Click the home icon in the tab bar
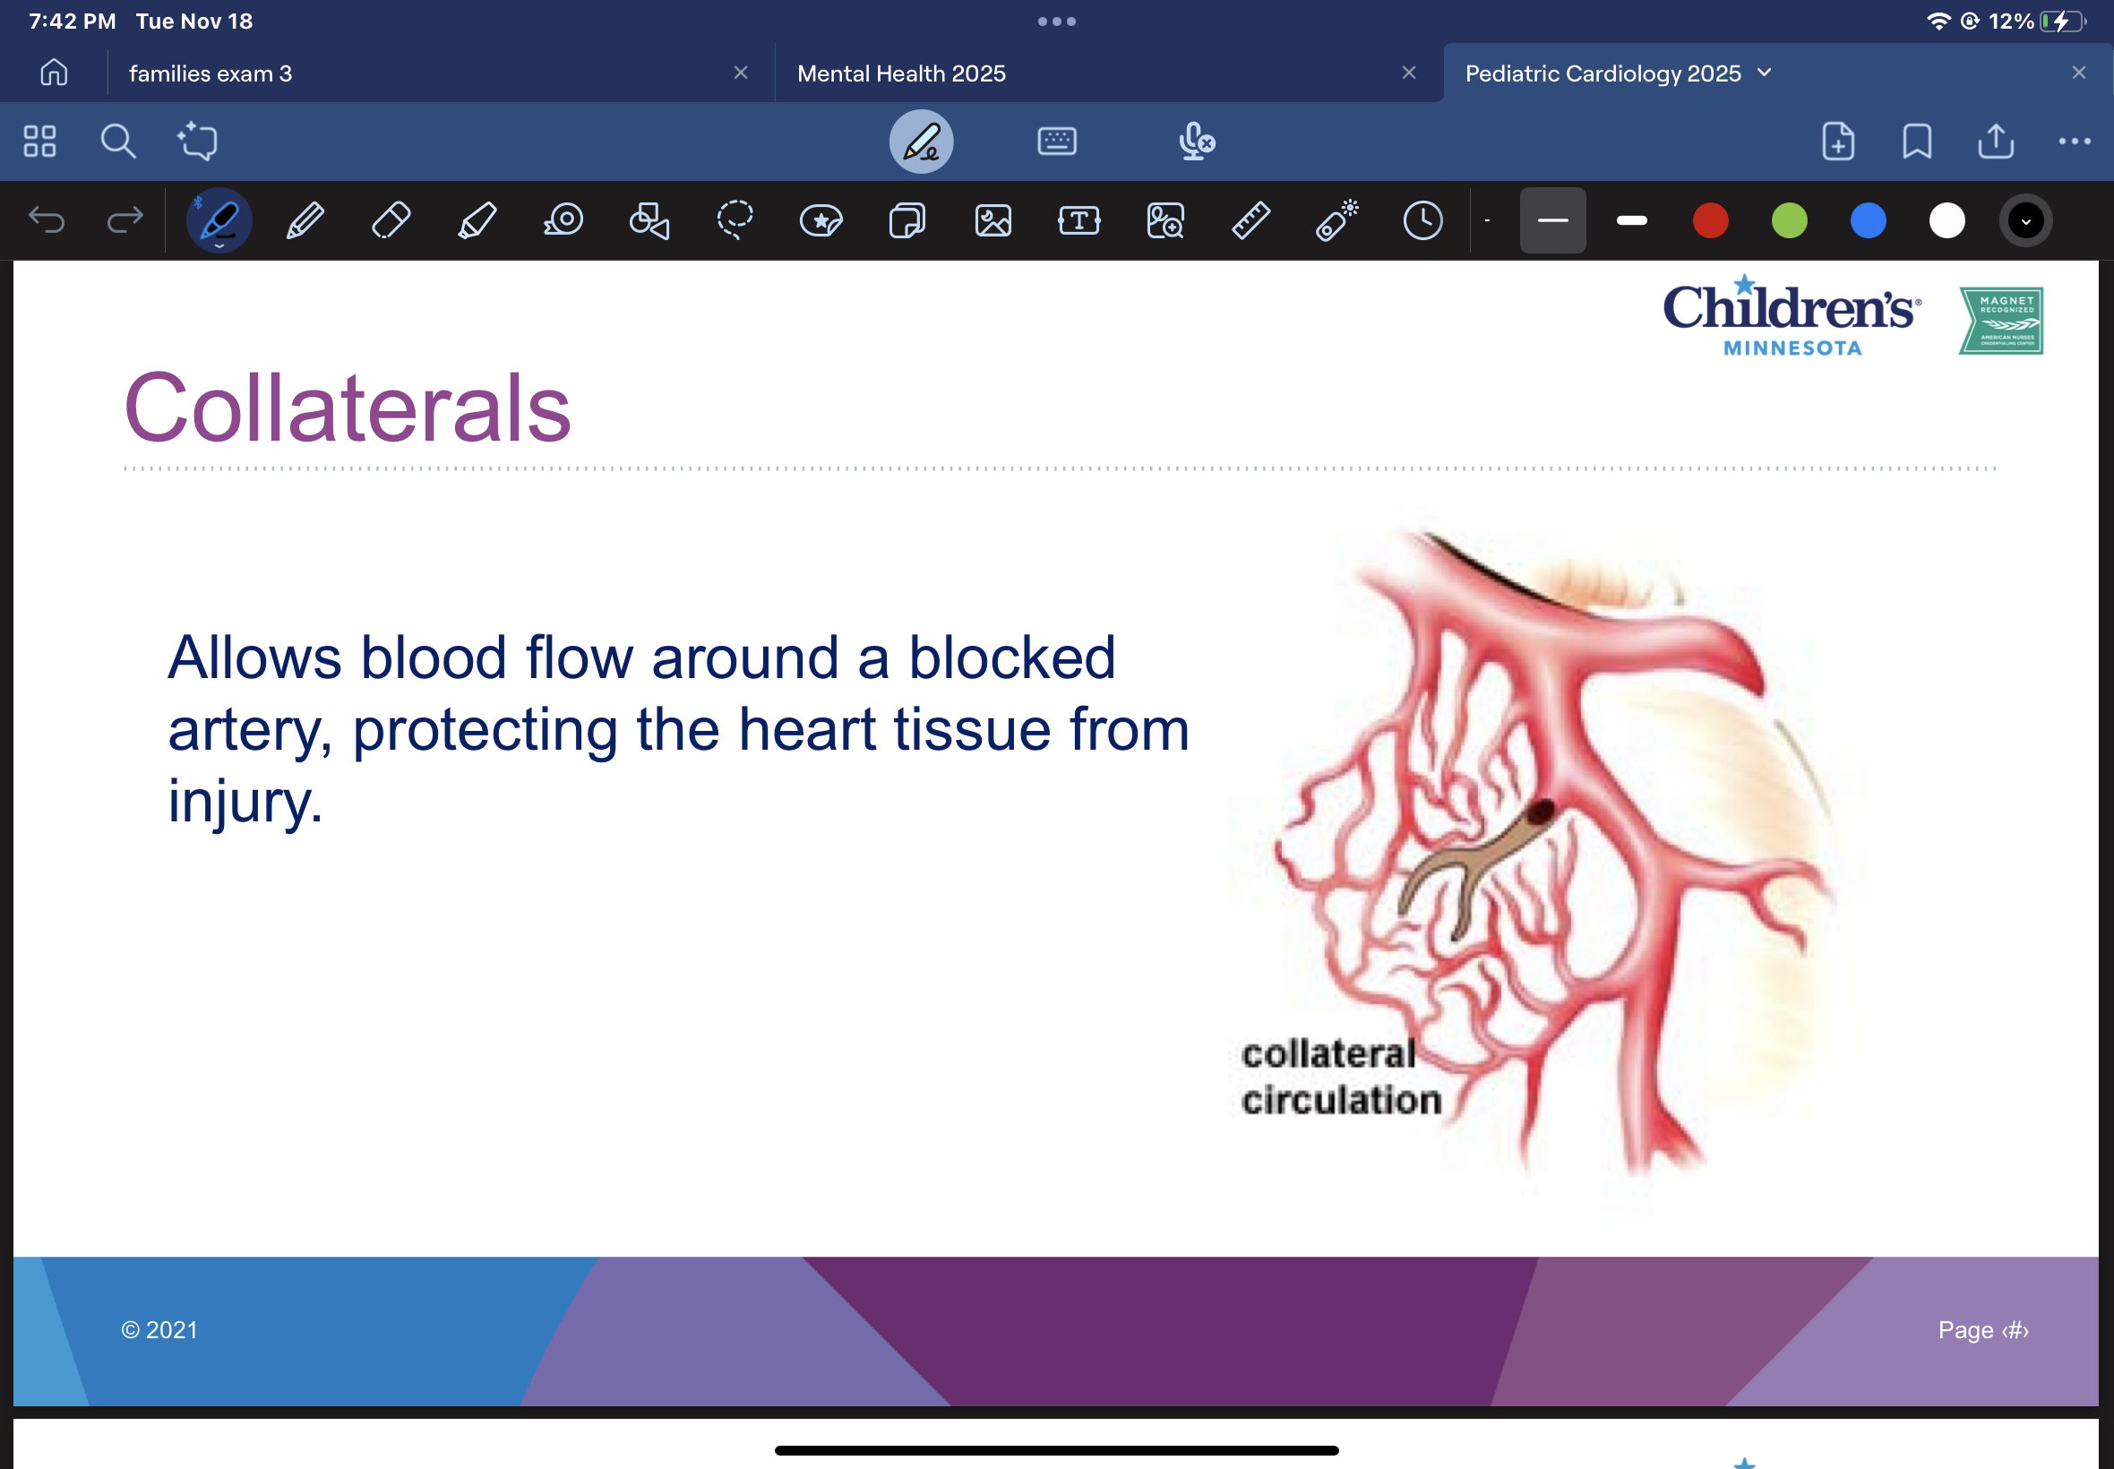click(55, 73)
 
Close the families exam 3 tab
click(741, 73)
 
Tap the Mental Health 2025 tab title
click(901, 73)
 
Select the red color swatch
click(1710, 221)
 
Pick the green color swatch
click(1789, 221)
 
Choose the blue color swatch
click(1869, 221)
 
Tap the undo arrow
click(47, 220)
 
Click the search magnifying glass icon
click(118, 142)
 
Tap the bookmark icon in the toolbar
click(1917, 142)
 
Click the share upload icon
click(1996, 142)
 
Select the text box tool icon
click(1078, 221)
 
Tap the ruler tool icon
click(1250, 221)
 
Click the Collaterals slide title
click(348, 408)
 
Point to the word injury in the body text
click(245, 802)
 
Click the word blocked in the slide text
click(1011, 658)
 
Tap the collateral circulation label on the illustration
click(1339, 1077)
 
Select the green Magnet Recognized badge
click(2002, 321)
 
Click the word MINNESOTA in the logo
click(1792, 348)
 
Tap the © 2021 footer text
click(159, 1330)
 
